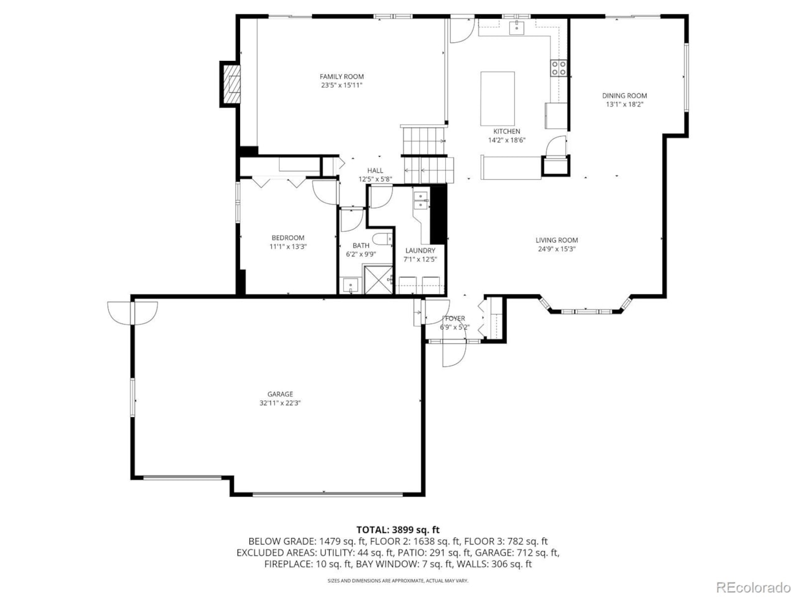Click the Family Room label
(x=341, y=76)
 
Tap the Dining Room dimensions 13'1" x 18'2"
(x=624, y=104)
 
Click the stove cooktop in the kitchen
(x=558, y=68)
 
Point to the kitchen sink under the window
(x=516, y=27)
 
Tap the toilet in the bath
(x=382, y=239)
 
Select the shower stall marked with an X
(x=378, y=280)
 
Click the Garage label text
(x=280, y=394)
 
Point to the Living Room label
(x=557, y=240)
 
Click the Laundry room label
(x=420, y=251)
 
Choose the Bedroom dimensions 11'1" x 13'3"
(x=288, y=246)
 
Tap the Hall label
(x=375, y=170)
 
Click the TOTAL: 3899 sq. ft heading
(x=398, y=530)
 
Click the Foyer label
(x=455, y=318)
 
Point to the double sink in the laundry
(x=420, y=200)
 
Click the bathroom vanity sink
(x=350, y=285)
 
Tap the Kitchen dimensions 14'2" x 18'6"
(x=507, y=140)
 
